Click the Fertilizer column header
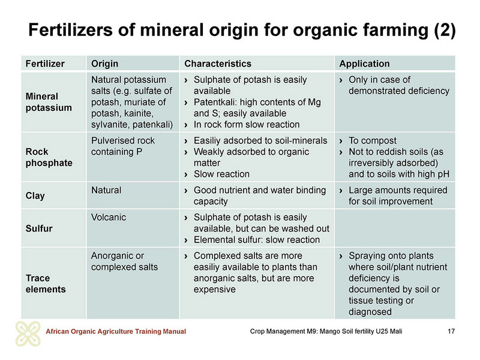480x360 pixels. (45, 64)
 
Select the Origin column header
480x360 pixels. (104, 64)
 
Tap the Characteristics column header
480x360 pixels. (218, 64)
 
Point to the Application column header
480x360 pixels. (364, 64)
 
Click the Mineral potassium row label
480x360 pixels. (49, 102)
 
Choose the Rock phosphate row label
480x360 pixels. (49, 157)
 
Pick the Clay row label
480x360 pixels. (35, 196)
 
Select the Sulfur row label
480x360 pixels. (39, 229)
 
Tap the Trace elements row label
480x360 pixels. (46, 283)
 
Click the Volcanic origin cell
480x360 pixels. (109, 217)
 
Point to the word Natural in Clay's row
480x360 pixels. (106, 190)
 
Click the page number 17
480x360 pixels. (451, 331)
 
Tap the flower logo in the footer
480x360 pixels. (28, 334)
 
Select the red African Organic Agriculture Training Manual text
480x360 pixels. (116, 332)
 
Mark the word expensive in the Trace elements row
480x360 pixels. (215, 290)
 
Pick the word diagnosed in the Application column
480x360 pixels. (370, 312)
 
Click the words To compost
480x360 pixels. (373, 141)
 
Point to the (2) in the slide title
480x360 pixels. (445, 30)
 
